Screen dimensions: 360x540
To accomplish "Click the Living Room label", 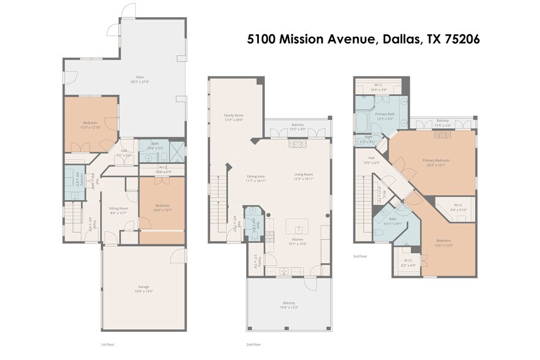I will pos(304,176).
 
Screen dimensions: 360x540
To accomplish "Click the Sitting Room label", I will pos(119,210).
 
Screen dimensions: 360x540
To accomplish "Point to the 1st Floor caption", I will pos(107,345).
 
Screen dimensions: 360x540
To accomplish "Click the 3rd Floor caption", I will pos(359,257).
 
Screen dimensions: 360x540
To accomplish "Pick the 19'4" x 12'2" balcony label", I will pos(289,305).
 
